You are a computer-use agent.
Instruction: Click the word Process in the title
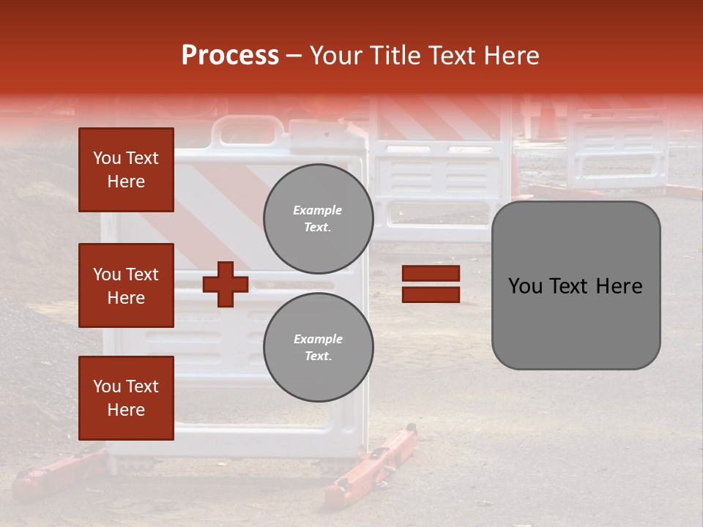coord(230,56)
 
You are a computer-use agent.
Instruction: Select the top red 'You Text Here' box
coord(126,170)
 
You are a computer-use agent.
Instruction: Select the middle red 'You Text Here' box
coord(126,285)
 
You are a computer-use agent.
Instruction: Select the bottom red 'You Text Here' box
coord(126,397)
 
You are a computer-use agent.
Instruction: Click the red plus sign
coord(226,284)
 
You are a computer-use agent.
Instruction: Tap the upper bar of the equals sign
coord(431,274)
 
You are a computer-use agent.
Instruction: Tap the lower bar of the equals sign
coord(431,294)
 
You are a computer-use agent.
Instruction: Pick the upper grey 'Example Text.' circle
coord(318,219)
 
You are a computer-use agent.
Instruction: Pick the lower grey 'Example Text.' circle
coord(318,347)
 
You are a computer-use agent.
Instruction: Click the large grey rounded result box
coord(576,285)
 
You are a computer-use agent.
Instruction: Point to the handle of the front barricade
coord(248,132)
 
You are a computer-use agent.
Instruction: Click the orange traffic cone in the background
coord(546,120)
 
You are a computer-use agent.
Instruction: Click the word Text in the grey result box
coord(575,285)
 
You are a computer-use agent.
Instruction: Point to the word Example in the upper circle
coord(318,210)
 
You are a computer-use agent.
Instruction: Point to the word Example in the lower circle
coord(318,339)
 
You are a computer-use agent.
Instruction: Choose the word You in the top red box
coord(107,158)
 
